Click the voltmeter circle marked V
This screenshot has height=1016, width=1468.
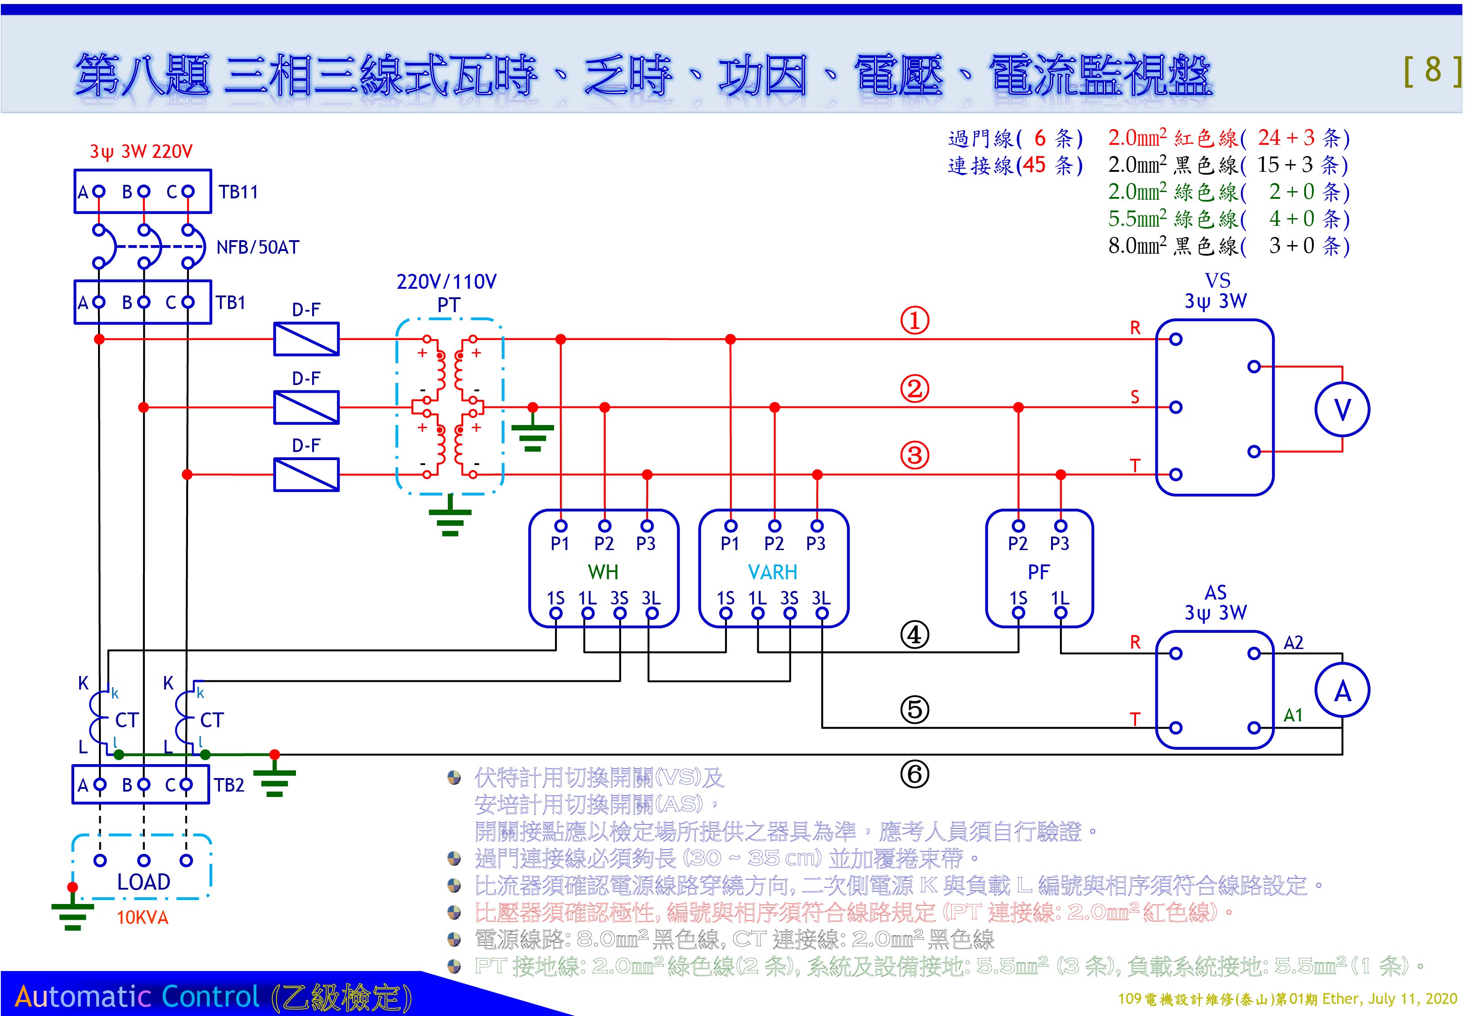[1342, 409]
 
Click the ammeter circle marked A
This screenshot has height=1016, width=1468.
[1342, 691]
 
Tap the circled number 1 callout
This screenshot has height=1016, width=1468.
[915, 320]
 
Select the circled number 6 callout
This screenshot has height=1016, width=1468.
[915, 774]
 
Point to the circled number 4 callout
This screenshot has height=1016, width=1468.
[915, 635]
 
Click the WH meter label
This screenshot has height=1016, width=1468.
[603, 572]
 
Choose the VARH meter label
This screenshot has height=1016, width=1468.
[773, 572]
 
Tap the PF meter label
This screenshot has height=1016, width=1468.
[1038, 572]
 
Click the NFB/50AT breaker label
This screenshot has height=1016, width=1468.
[258, 247]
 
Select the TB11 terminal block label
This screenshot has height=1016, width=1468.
[238, 192]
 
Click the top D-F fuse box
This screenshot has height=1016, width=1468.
[306, 339]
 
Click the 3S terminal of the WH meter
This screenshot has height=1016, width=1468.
[619, 613]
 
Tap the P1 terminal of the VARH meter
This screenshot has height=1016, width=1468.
[730, 526]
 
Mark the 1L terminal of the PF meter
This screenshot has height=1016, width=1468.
[1061, 613]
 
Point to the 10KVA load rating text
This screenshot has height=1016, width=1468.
[143, 918]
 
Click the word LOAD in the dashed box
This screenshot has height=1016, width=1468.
[144, 882]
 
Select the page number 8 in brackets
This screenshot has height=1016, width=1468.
[1433, 70]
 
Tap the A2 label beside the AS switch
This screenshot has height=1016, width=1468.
[1293, 642]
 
